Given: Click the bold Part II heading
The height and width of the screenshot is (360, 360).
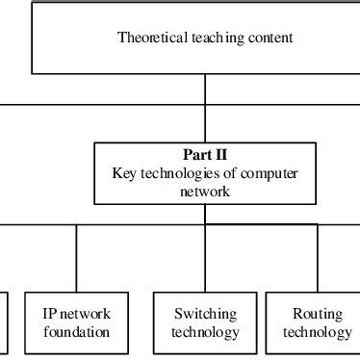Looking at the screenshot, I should [204, 154].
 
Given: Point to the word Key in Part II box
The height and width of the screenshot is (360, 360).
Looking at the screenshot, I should [123, 172].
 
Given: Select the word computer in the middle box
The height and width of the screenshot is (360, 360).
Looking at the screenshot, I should [271, 172].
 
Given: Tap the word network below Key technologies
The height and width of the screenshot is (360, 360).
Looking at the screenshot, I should [204, 191].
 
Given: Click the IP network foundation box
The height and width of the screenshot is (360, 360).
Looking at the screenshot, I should [76, 322].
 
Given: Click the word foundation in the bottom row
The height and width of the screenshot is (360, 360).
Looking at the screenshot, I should [76, 332].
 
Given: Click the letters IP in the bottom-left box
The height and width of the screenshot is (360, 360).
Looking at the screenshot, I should [49, 314].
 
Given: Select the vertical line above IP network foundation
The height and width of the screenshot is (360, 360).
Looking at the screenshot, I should [77, 257].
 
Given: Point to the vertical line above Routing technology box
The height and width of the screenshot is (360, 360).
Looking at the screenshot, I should [317, 257].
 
